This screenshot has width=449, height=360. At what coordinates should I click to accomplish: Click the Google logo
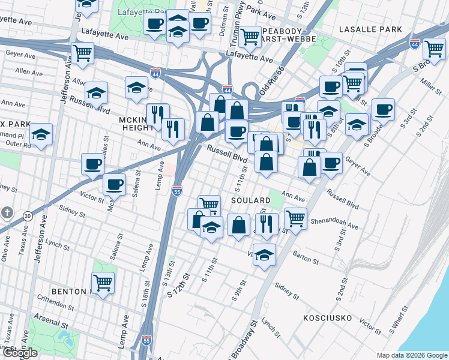pos(20,353)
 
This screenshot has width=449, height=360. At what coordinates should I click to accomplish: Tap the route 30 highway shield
pos(28,215)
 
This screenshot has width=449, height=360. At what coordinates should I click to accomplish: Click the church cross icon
pos(7,213)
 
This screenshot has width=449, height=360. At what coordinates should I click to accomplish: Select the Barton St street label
pos(306,260)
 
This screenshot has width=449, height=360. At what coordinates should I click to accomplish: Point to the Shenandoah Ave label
pos(334,222)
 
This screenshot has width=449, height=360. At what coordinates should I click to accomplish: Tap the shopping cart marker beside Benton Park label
pos(103,282)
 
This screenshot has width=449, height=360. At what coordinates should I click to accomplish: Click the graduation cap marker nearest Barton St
pos(264,254)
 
